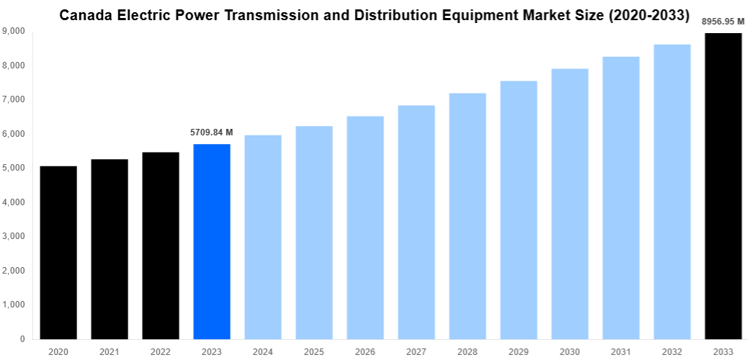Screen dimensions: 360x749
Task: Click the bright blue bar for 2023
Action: pyautogui.click(x=212, y=241)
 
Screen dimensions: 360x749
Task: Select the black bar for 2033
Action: pyautogui.click(x=723, y=186)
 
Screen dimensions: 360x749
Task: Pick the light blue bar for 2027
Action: pyautogui.click(x=416, y=222)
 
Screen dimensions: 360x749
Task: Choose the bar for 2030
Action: pyautogui.click(x=570, y=204)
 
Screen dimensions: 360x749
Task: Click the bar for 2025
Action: pyautogui.click(x=314, y=233)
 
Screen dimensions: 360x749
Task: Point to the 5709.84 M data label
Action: pyautogui.click(x=212, y=132)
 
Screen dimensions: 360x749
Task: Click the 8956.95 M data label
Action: pyautogui.click(x=723, y=22)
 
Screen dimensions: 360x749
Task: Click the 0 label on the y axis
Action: pyautogui.click(x=23, y=339)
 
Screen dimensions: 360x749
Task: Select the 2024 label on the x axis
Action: pyautogui.click(x=263, y=351)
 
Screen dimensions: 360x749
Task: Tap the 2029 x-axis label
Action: pyautogui.click(x=519, y=351)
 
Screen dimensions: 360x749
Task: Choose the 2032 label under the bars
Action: pyautogui.click(x=672, y=351)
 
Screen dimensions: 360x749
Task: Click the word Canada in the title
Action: pyautogui.click(x=84, y=14)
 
